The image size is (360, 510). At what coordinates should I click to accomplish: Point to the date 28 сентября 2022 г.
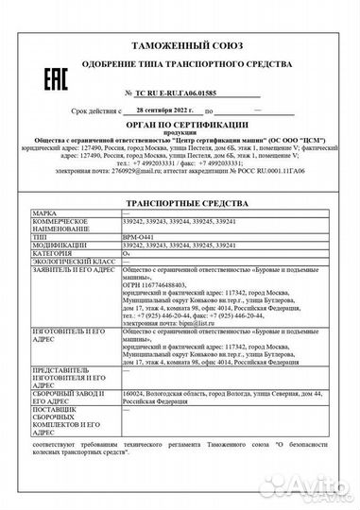(152, 110)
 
